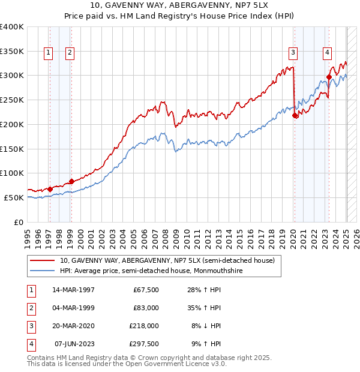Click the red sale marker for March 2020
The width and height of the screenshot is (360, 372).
tap(295, 116)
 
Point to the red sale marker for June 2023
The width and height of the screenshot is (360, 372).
tap(329, 77)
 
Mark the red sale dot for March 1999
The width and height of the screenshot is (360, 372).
tap(71, 181)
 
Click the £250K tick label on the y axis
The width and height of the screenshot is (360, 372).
tap(12, 100)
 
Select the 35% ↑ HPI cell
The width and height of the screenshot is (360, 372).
tap(206, 308)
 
